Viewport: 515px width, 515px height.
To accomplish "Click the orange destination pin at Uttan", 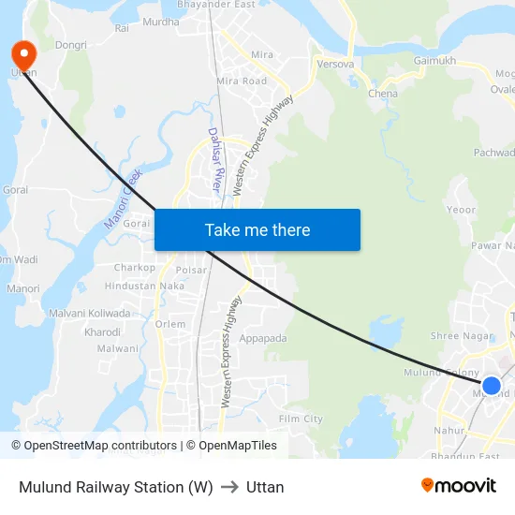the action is (x=20, y=53).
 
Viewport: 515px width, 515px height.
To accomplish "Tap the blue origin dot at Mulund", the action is (x=491, y=385).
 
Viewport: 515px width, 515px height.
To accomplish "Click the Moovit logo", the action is (x=459, y=485).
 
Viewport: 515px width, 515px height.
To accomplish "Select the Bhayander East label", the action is (x=216, y=5).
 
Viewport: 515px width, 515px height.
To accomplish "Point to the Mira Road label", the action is (x=242, y=81).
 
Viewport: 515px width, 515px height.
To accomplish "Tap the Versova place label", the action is (x=335, y=65).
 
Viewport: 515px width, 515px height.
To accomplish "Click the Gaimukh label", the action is (x=434, y=61).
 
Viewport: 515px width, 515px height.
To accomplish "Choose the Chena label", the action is (x=383, y=94).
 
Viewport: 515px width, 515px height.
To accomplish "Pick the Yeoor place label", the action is (x=463, y=210).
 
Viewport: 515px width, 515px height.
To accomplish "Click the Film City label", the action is (x=301, y=419).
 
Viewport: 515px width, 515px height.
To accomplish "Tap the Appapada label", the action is (x=263, y=338).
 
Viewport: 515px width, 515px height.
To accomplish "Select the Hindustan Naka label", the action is (x=144, y=286).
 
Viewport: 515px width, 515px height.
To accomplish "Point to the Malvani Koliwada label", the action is (x=90, y=313).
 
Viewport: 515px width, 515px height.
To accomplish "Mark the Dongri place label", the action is (x=71, y=45).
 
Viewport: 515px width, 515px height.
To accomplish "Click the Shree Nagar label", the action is (x=456, y=336).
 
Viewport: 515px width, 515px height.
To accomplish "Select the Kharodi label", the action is (x=103, y=331).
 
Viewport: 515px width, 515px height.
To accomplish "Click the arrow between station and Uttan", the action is (x=229, y=487).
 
